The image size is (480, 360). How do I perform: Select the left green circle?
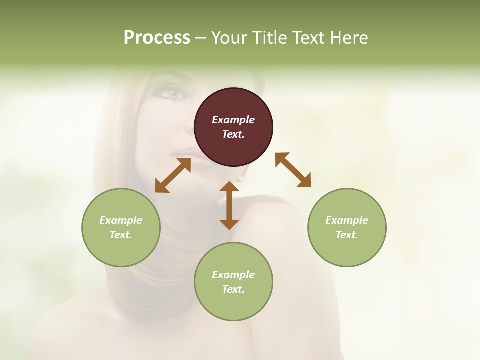click(121, 227)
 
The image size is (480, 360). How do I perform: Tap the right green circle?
click(347, 227)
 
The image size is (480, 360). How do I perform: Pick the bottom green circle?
click(233, 281)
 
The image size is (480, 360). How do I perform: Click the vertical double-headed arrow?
click(229, 205)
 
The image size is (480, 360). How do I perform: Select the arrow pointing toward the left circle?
click(173, 175)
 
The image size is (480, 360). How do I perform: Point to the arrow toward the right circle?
click(293, 170)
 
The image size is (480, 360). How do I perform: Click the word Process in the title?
click(157, 37)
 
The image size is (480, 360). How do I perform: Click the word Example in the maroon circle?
click(233, 120)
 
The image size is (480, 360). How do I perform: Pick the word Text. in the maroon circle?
click(233, 134)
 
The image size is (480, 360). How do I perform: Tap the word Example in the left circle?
click(121, 220)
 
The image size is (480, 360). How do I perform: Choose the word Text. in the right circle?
click(347, 235)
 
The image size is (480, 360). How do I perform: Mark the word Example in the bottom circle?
click(233, 275)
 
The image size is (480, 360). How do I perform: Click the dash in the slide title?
click(200, 38)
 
